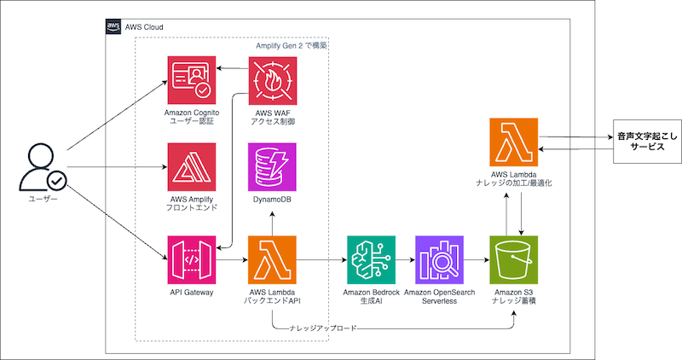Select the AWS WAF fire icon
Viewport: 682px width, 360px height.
click(x=270, y=80)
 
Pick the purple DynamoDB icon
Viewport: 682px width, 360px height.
click(x=270, y=166)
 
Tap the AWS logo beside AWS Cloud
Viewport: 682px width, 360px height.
click(x=113, y=27)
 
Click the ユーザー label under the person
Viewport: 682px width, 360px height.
click(x=43, y=200)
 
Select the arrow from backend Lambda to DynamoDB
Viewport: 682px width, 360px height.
click(x=270, y=221)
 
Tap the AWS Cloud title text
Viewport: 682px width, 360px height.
click(x=144, y=27)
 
